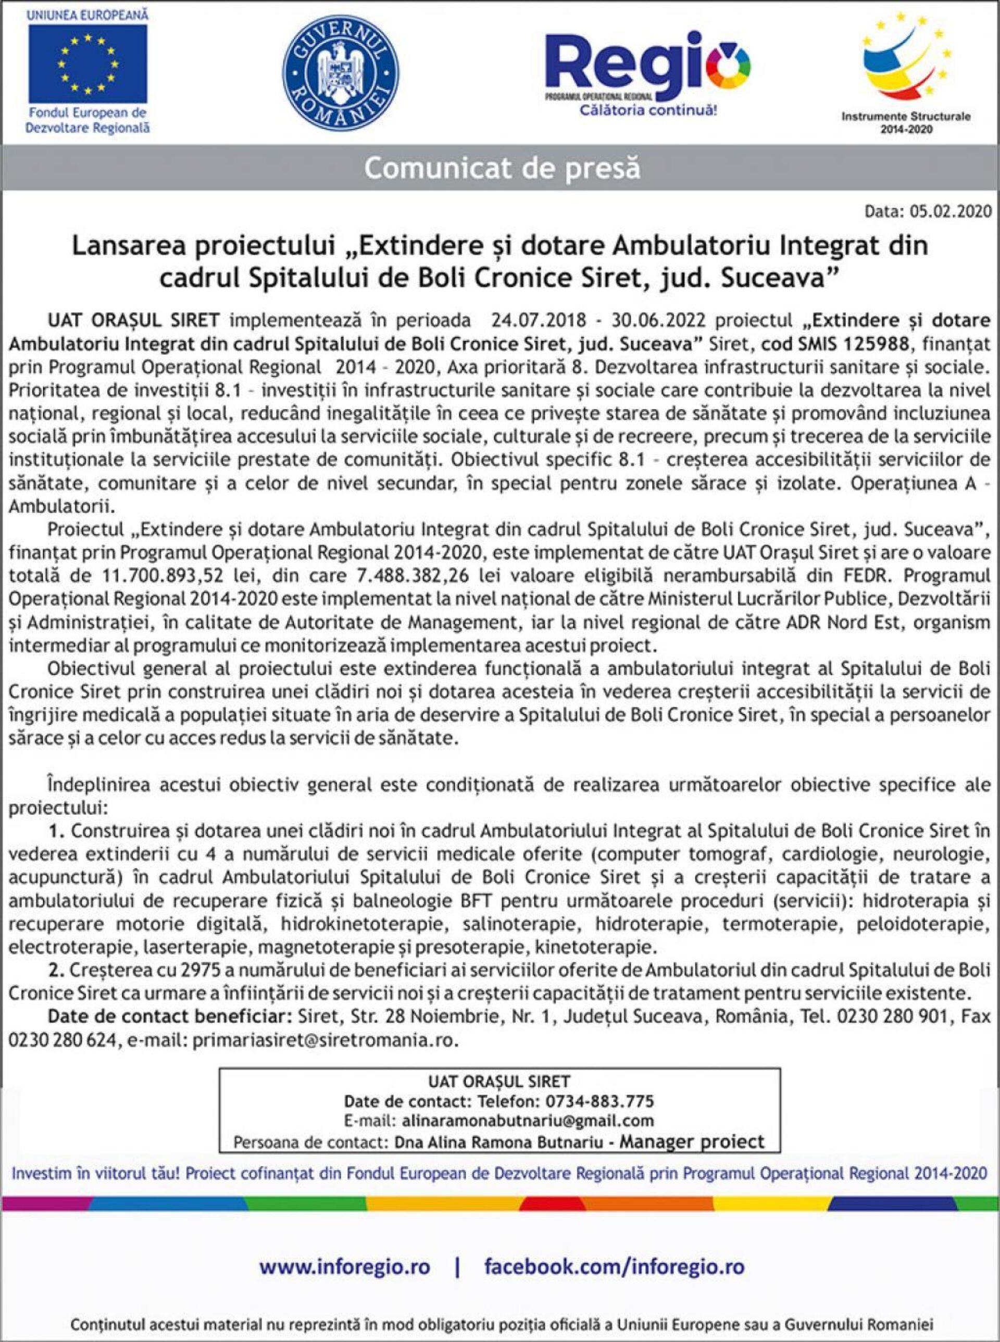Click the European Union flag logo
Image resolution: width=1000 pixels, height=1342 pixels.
point(88,64)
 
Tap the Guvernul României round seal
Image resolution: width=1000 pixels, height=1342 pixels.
point(340,72)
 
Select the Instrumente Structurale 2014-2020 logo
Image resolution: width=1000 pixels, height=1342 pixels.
point(906,67)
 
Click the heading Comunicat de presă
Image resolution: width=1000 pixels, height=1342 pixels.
point(502,168)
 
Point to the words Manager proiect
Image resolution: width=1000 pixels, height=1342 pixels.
point(692,1141)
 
